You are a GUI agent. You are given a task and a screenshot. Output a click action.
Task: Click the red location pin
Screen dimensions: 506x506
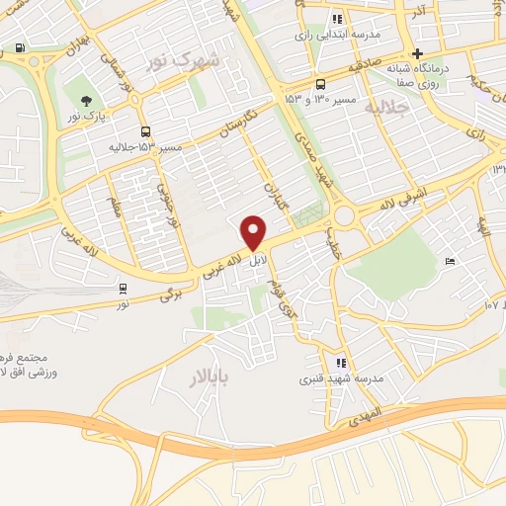click(x=254, y=232)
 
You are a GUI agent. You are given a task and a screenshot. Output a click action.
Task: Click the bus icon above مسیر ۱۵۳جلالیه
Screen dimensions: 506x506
click(x=145, y=131)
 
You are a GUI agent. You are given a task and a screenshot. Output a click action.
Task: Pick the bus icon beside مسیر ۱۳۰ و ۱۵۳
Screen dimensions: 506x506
click(x=320, y=85)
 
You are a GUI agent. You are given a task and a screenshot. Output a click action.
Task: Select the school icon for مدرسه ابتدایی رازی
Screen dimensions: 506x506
click(x=338, y=19)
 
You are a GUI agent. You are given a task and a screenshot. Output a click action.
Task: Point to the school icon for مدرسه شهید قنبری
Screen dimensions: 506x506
click(x=341, y=363)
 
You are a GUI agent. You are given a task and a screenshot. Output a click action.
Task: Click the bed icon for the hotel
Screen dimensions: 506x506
click(x=450, y=262)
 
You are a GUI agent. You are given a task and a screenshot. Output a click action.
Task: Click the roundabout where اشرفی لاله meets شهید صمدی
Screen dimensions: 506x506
click(x=345, y=214)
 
